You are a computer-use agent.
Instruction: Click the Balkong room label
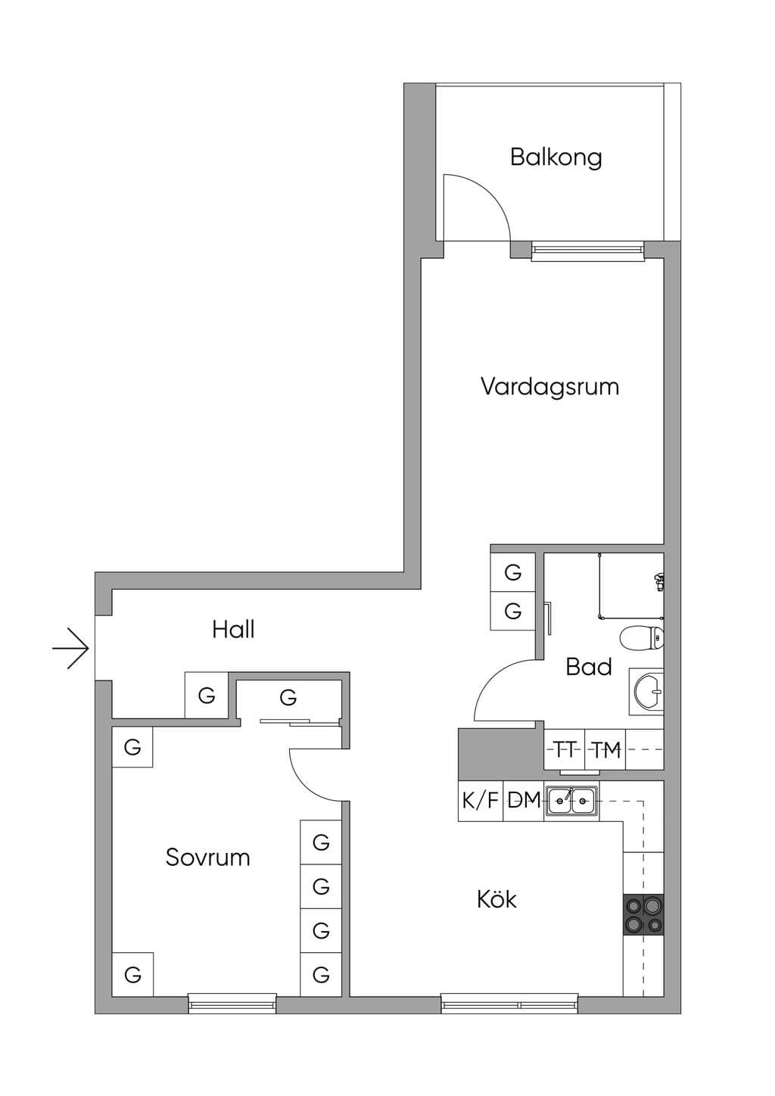click(556, 158)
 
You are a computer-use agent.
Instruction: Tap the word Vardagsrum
click(550, 387)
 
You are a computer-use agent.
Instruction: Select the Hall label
click(233, 630)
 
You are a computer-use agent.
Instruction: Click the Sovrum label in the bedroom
click(208, 858)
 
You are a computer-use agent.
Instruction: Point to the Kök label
click(496, 899)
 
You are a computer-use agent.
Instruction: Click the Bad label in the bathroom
click(589, 667)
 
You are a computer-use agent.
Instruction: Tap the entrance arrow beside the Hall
click(70, 649)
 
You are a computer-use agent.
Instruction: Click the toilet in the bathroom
click(642, 638)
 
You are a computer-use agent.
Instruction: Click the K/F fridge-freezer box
click(481, 801)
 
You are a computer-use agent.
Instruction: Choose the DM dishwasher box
click(524, 801)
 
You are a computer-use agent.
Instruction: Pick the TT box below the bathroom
click(565, 749)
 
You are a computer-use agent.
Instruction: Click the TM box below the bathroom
click(605, 749)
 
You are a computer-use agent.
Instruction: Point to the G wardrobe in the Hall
click(207, 696)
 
